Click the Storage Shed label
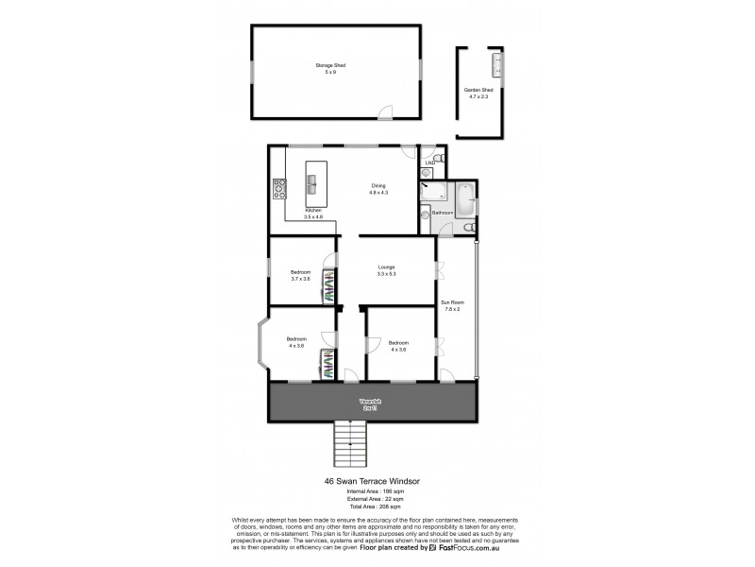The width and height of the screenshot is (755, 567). click(x=330, y=65)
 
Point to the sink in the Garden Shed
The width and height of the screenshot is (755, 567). click(x=496, y=64)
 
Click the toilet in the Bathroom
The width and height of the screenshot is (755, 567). click(x=470, y=226)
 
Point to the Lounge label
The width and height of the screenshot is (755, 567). click(x=386, y=267)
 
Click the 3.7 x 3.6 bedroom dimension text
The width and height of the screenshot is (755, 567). click(x=301, y=279)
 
